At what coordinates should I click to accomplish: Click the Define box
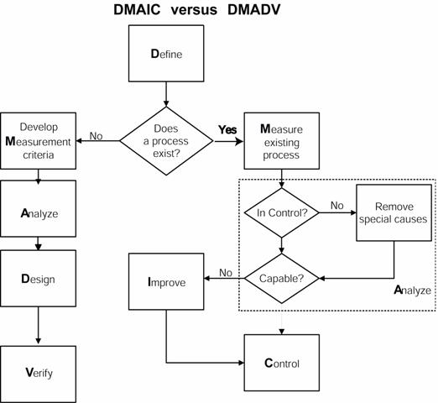click(166, 54)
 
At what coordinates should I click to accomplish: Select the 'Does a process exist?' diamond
click(166, 141)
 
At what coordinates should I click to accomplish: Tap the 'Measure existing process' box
click(282, 141)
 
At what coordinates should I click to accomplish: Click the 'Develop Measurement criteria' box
click(39, 141)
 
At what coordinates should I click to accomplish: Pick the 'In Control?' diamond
click(282, 212)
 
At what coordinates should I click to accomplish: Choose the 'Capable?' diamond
click(282, 279)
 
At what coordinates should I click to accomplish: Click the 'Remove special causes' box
click(394, 212)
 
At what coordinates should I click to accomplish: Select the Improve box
click(166, 281)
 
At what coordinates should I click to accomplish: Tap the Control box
click(282, 363)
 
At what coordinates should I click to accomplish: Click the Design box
click(39, 279)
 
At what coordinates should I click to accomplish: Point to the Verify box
click(39, 374)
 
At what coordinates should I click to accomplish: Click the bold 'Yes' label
click(227, 130)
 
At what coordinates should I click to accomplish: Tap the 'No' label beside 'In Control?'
click(337, 206)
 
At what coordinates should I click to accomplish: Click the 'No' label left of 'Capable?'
click(226, 273)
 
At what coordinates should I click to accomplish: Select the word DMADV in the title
click(253, 10)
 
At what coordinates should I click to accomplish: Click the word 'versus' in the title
click(194, 10)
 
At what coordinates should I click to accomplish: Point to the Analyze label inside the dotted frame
click(413, 290)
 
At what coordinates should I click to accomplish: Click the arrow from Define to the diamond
click(166, 94)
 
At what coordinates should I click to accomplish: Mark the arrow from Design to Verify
click(39, 326)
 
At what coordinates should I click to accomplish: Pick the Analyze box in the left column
click(39, 209)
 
